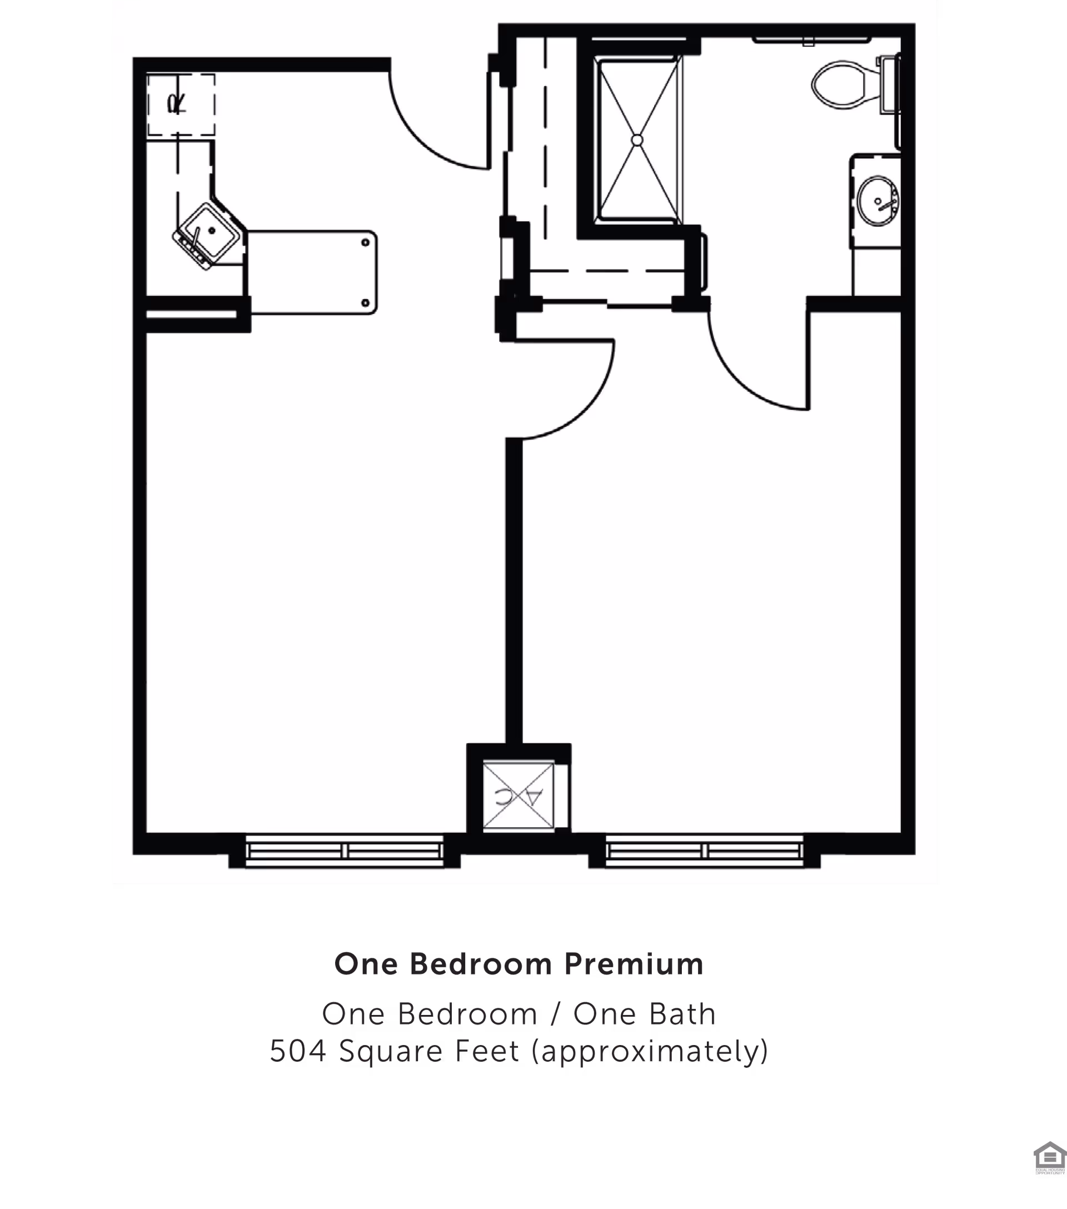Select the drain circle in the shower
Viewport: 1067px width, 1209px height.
tap(637, 140)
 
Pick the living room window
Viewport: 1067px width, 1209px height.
tap(344, 851)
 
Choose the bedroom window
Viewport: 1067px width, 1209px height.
tap(705, 851)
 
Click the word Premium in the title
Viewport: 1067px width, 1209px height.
tap(634, 965)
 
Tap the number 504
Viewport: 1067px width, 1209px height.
tap(298, 1051)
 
